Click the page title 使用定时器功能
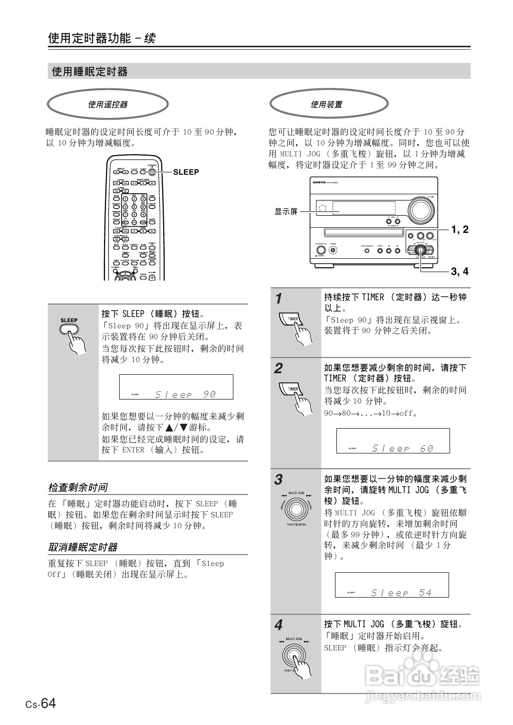[x=89, y=38]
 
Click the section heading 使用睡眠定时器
[x=90, y=72]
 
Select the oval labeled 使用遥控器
[x=108, y=104]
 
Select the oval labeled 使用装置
[x=328, y=104]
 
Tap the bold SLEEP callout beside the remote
[x=186, y=172]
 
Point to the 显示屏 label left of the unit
[x=285, y=211]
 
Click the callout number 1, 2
[x=460, y=230]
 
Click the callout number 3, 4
[x=460, y=272]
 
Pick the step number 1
[x=279, y=299]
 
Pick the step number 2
[x=279, y=368]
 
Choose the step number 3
[x=279, y=480]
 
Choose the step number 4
[x=279, y=625]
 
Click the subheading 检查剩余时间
[x=78, y=487]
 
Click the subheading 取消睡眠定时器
[x=83, y=547]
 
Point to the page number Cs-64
[x=41, y=704]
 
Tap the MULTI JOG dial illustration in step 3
[x=295, y=509]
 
